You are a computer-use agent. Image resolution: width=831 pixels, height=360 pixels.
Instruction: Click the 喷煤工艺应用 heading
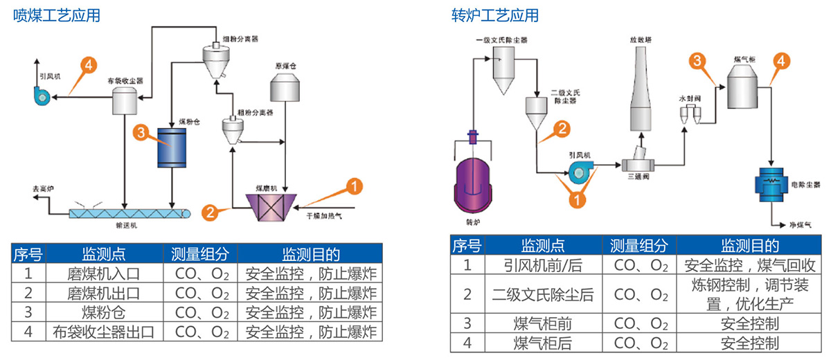click(x=57, y=15)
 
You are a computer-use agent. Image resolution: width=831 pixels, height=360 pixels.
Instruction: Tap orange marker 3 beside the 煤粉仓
click(x=141, y=132)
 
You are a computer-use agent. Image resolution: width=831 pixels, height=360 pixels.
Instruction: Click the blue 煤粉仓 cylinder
click(x=171, y=147)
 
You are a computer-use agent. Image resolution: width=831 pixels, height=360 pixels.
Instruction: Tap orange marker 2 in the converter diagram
click(x=563, y=128)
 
